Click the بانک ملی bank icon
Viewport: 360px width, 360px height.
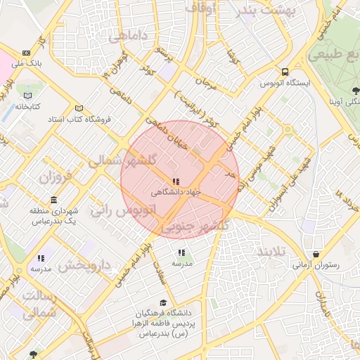coord(26,53)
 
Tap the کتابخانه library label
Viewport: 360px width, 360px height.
coord(27,107)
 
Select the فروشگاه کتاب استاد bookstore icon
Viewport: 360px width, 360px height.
coord(79,108)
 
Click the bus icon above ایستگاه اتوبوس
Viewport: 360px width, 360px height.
coord(285,72)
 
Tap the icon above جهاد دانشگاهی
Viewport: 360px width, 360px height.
coord(176,181)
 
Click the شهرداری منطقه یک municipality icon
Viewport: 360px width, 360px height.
coord(54,200)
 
